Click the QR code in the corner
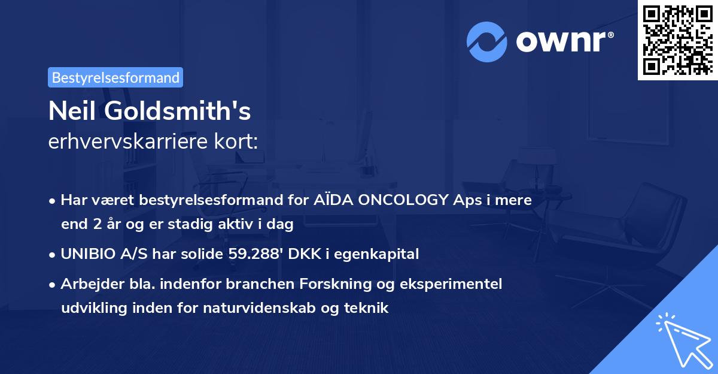click(677, 40)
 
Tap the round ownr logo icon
click(487, 41)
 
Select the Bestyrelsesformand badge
click(115, 77)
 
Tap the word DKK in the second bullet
click(300, 254)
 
